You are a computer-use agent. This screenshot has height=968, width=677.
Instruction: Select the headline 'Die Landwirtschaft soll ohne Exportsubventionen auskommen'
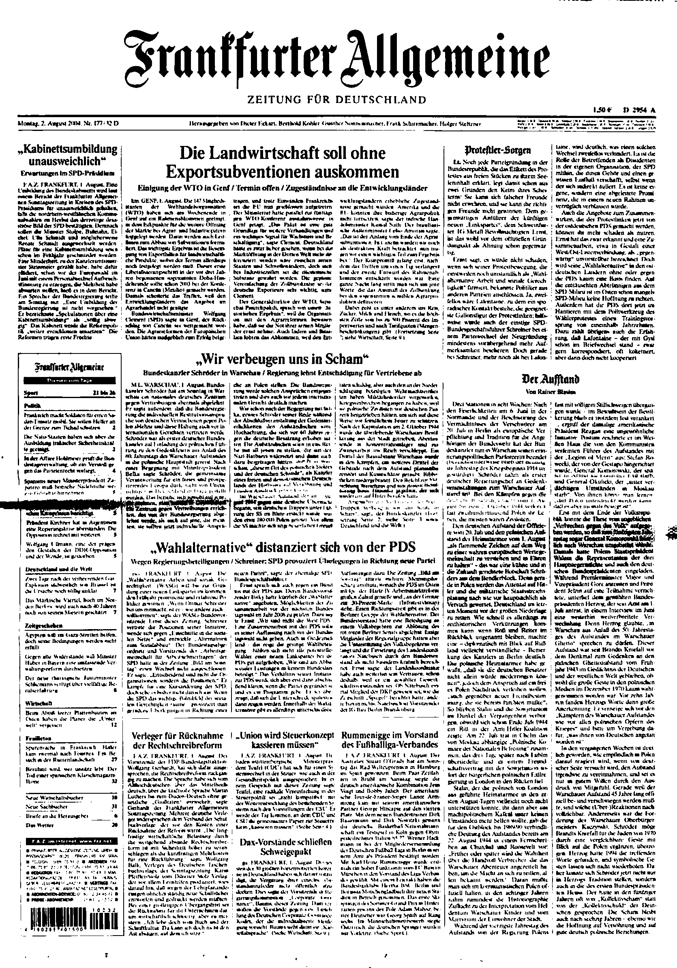pos(282,162)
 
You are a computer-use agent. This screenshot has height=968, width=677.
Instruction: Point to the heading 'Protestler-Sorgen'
pos(497,150)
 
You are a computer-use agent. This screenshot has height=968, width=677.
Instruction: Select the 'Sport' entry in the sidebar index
pos(31,393)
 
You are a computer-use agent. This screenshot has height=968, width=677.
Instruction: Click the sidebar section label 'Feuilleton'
pos(39,738)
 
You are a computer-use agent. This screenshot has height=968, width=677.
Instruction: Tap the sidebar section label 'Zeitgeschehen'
pos(44,625)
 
